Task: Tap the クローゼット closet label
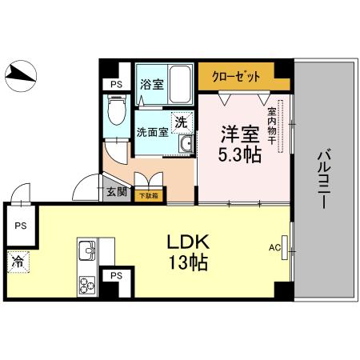[x=237, y=78]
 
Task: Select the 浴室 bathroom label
[x=153, y=84]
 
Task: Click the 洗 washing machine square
[x=182, y=122]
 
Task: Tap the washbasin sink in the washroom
[x=185, y=144]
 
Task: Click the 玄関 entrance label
[x=116, y=193]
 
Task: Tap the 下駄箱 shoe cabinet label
[x=147, y=194]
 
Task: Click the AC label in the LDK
[x=274, y=248]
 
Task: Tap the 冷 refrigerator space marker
[x=17, y=261]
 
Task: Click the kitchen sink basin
[x=86, y=254]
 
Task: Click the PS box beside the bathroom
[x=117, y=84]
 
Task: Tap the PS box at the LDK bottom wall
[x=117, y=276]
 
